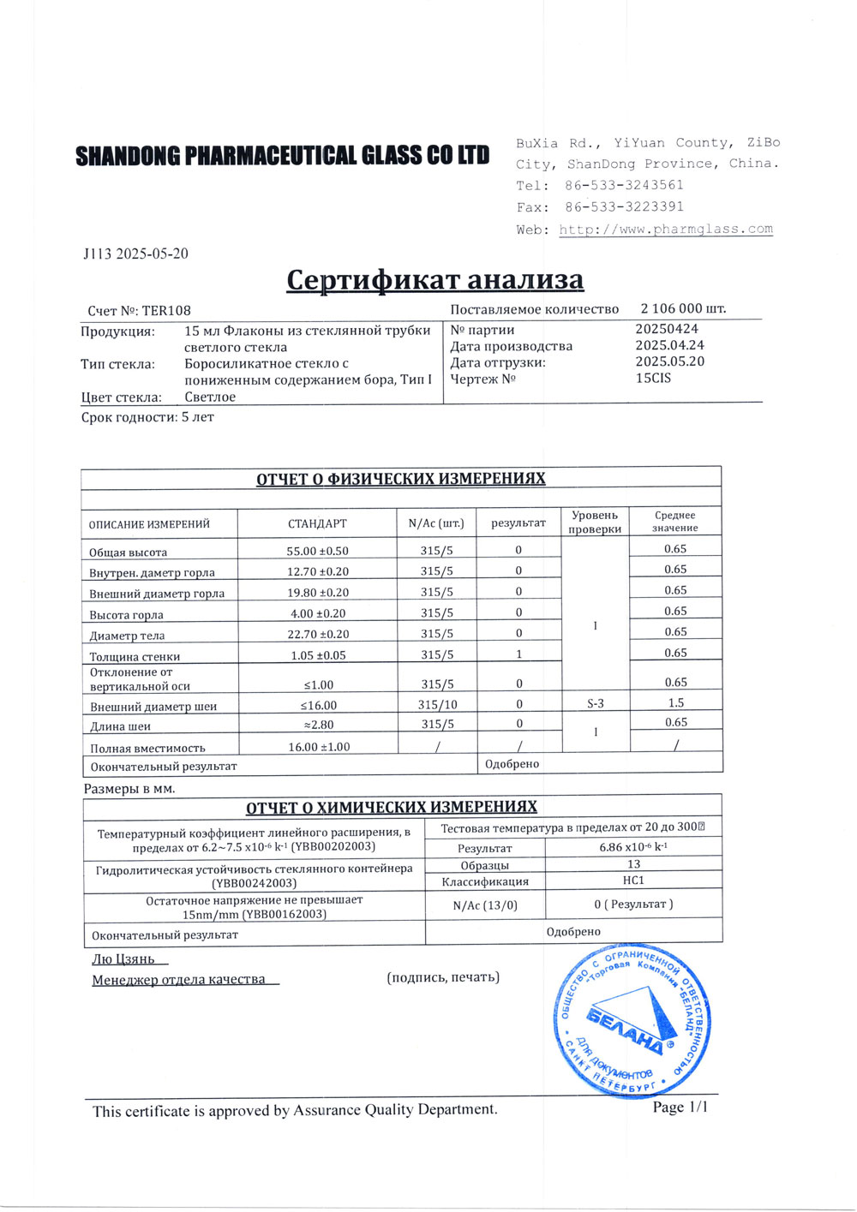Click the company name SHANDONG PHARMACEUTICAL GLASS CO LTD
point(282,155)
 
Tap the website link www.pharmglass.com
point(666,229)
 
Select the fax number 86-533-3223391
point(624,206)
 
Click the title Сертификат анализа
point(434,279)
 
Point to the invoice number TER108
point(166,311)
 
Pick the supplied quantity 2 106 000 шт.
point(683,308)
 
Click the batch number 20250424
point(667,329)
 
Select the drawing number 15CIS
point(653,378)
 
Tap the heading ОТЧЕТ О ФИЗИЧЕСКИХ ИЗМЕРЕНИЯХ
point(400,478)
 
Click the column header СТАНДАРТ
point(317,523)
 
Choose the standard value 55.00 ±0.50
point(317,551)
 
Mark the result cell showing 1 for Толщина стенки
point(519,654)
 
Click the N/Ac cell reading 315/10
point(437,704)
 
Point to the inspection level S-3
point(595,703)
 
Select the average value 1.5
point(675,702)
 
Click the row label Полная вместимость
point(147,748)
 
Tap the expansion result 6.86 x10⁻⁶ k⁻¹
point(633,847)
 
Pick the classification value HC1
point(633,881)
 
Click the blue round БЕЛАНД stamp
point(631,1019)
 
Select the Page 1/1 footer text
point(680,1108)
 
